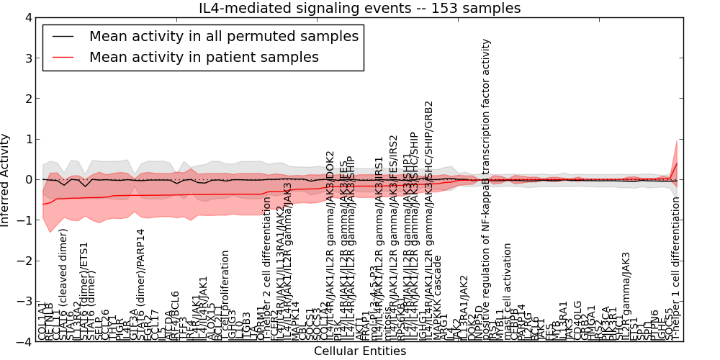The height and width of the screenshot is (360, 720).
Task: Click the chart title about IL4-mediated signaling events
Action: pos(359,8)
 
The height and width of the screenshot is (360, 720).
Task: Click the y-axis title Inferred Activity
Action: pos(6,179)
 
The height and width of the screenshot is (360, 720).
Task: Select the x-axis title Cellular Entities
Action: pos(359,351)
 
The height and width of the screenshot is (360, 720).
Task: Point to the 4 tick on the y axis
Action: pos(28,17)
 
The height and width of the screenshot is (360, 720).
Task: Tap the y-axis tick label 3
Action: pos(28,58)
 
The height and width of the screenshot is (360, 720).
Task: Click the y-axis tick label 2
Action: pos(28,99)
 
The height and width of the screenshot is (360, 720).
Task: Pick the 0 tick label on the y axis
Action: pos(28,179)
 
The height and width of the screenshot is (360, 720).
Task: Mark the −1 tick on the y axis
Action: pos(26,220)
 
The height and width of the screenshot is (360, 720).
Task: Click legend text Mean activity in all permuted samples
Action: pos(223,36)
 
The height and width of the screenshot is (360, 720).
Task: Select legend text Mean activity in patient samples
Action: pos(204,57)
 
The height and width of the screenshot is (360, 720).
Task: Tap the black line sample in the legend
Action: pos(63,36)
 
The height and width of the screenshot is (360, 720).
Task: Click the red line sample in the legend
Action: pos(63,57)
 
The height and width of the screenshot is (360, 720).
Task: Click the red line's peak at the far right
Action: pos(676,163)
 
